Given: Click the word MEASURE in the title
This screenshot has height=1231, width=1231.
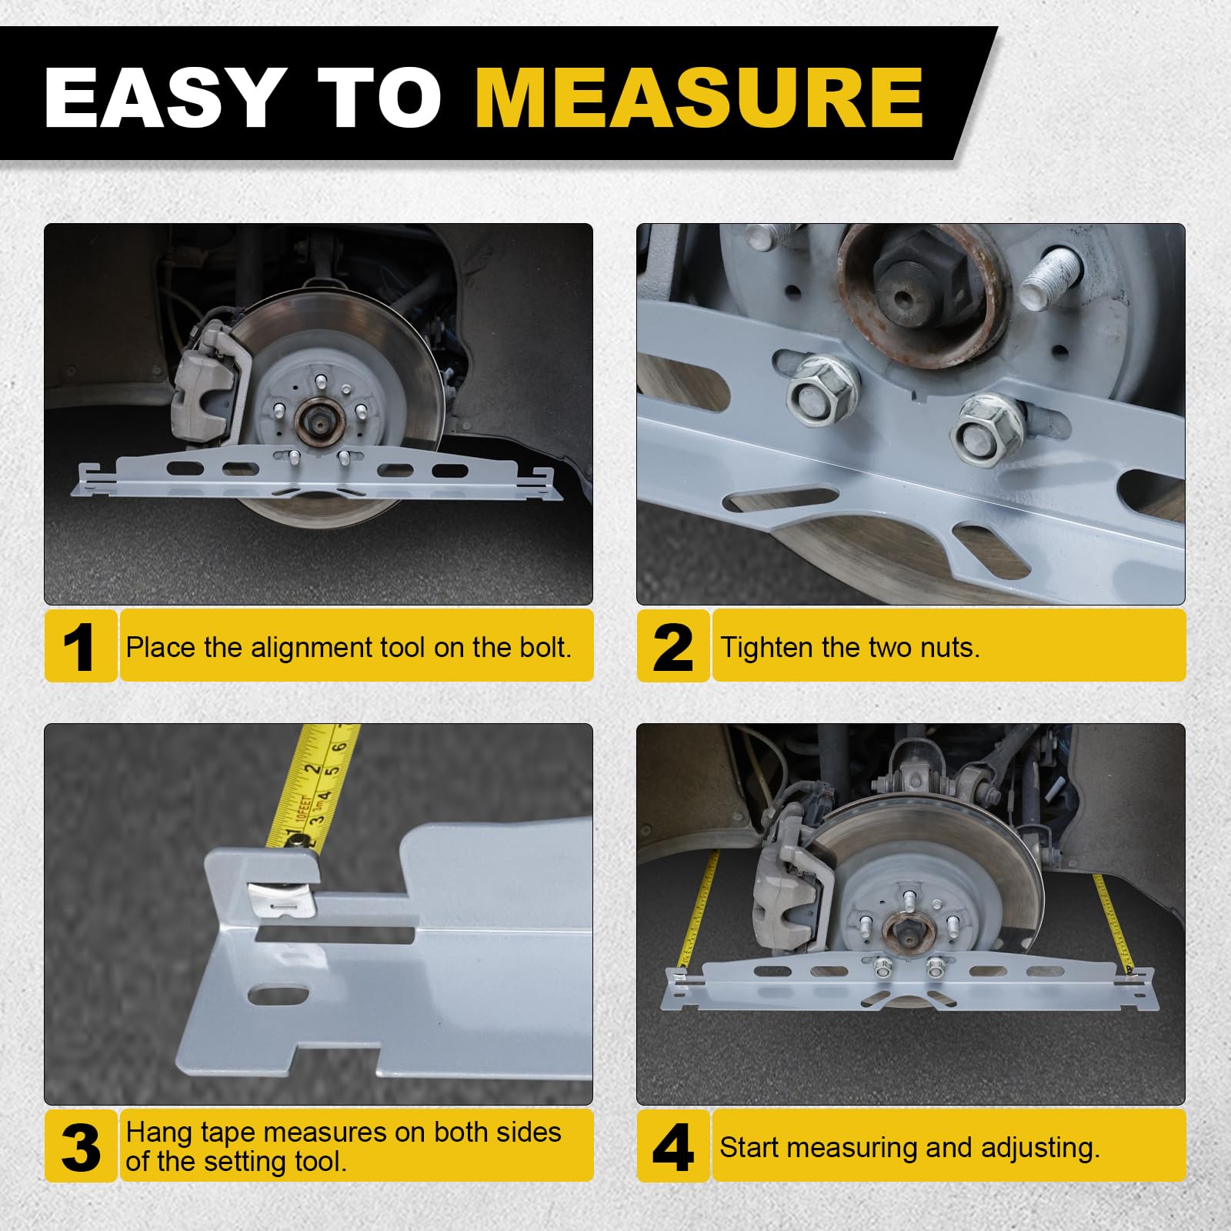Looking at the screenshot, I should pyautogui.click(x=699, y=98).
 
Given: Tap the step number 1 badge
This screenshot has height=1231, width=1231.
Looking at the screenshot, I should pyautogui.click(x=80, y=646).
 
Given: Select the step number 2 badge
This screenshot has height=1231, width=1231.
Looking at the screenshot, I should pyautogui.click(x=672, y=646).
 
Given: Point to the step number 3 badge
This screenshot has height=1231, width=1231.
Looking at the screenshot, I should pyautogui.click(x=80, y=1146).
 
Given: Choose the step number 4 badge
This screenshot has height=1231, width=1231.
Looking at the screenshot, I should pyautogui.click(x=672, y=1146).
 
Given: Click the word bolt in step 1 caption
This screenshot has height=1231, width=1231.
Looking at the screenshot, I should pyautogui.click(x=545, y=647).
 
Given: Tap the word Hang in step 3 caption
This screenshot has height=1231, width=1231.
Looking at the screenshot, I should pyautogui.click(x=159, y=1133).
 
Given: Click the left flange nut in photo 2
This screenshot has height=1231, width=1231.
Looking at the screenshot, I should pyautogui.click(x=822, y=388).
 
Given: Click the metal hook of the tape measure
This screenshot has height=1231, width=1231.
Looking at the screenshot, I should pyautogui.click(x=282, y=896).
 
